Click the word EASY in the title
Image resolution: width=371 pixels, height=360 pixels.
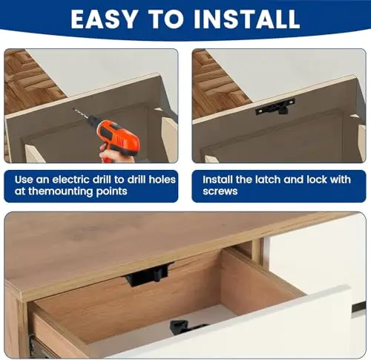pyautogui.click(x=104, y=19)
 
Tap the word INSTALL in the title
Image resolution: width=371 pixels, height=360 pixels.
pyautogui.click(x=247, y=19)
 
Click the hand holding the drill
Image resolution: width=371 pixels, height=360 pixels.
pyautogui.click(x=113, y=154)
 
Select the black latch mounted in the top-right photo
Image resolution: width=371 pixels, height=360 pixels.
pyautogui.click(x=275, y=106)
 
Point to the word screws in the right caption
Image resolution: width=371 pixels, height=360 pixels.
pyautogui.click(x=220, y=192)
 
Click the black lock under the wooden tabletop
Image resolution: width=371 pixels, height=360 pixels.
pyautogui.click(x=148, y=274)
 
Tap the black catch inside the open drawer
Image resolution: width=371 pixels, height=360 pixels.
pyautogui.click(x=184, y=327)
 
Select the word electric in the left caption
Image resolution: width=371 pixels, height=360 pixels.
pyautogui.click(x=82, y=180)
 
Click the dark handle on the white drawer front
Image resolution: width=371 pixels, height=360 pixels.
pyautogui.click(x=359, y=307)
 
